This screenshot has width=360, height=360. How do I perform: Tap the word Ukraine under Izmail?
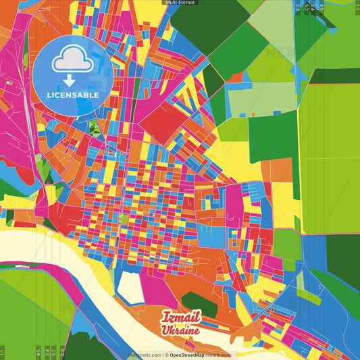tap(180, 330)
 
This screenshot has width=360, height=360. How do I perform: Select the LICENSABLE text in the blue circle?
tap(73, 95)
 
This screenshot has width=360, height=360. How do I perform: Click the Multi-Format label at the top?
tap(180, 3)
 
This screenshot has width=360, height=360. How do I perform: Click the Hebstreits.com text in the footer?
tap(145, 355)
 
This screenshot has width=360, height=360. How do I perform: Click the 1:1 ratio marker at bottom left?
tap(3, 353)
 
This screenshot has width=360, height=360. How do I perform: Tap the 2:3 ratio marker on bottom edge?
tap(63, 353)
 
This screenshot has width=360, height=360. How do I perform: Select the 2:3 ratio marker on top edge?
tap(298, 7)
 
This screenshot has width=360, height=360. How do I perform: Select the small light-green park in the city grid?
tap(122, 219)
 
